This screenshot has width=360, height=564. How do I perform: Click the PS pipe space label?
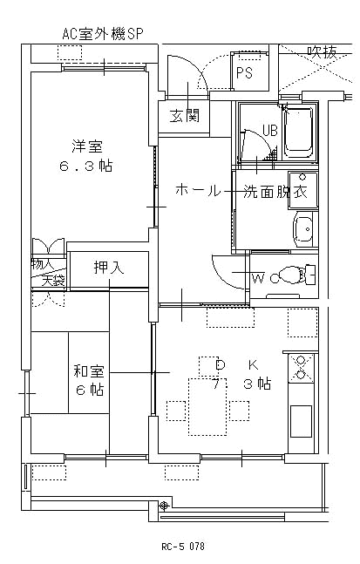click(x=244, y=72)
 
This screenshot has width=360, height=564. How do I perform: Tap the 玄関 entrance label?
click(x=184, y=116)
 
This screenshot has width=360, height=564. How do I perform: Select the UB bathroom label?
click(x=269, y=130)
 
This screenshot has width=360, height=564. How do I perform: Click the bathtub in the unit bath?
click(x=298, y=133)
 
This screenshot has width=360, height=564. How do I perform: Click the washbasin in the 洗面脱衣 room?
click(x=304, y=229)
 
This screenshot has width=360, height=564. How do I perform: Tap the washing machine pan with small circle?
click(x=302, y=191)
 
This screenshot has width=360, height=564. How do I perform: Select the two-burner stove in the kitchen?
click(x=301, y=368)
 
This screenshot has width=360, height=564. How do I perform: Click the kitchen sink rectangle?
click(x=301, y=421)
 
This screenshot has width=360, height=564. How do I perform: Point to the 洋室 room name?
click(x=87, y=146)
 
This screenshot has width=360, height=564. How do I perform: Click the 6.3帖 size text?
click(x=86, y=166)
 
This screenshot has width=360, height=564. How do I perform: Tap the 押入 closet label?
click(x=108, y=268)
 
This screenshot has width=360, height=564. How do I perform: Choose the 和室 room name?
click(x=88, y=370)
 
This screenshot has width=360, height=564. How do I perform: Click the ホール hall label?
click(x=198, y=190)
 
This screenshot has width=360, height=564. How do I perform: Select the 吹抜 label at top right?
click(x=322, y=52)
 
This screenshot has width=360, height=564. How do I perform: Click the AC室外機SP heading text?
click(x=103, y=34)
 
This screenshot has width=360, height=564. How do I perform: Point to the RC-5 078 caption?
click(x=183, y=547)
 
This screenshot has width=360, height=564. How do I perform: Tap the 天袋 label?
click(x=53, y=280)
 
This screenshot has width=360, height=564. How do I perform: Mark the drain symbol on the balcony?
click(x=164, y=506)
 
